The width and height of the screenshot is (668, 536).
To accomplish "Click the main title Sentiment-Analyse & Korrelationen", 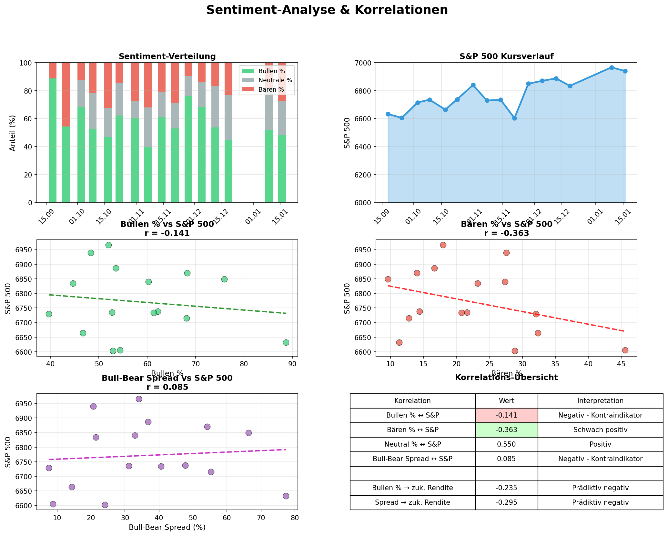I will [x=327, y=10].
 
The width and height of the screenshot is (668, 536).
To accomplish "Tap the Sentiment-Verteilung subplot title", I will [x=167, y=56].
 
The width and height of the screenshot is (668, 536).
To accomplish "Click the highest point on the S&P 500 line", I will [x=611, y=67].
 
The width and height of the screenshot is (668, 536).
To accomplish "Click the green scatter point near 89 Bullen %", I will [x=286, y=342].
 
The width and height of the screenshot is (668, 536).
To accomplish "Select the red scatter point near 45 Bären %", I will [x=625, y=350].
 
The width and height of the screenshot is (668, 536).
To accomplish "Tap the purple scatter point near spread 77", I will [x=286, y=496].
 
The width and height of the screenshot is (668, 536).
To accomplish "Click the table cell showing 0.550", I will [x=506, y=444].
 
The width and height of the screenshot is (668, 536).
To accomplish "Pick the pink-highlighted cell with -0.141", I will [x=506, y=415].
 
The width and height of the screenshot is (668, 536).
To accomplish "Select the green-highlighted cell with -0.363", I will [x=506, y=430].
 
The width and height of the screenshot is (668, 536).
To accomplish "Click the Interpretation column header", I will [x=600, y=401].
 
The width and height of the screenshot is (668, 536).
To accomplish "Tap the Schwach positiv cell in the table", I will [x=600, y=430].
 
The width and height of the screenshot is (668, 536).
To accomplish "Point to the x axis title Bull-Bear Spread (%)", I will [x=167, y=528].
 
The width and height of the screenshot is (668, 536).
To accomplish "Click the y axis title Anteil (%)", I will [x=13, y=133].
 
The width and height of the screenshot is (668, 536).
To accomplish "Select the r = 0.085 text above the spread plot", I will [x=167, y=387].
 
